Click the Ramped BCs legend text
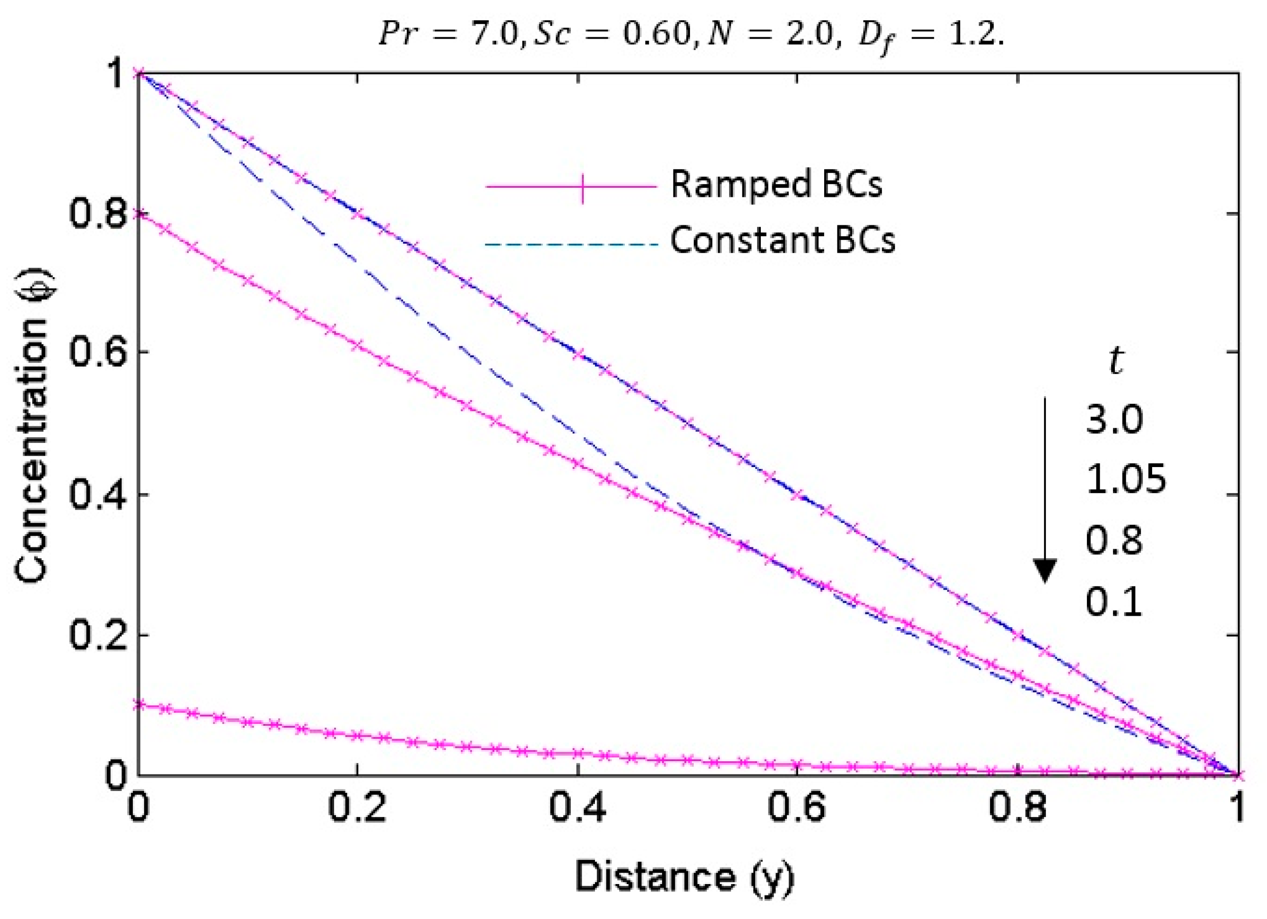(x=776, y=184)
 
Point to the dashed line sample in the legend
(x=570, y=245)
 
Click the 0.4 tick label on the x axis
(x=577, y=809)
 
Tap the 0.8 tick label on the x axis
(x=1017, y=809)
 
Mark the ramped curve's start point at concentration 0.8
(x=139, y=214)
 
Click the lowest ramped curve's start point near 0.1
(x=139, y=705)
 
